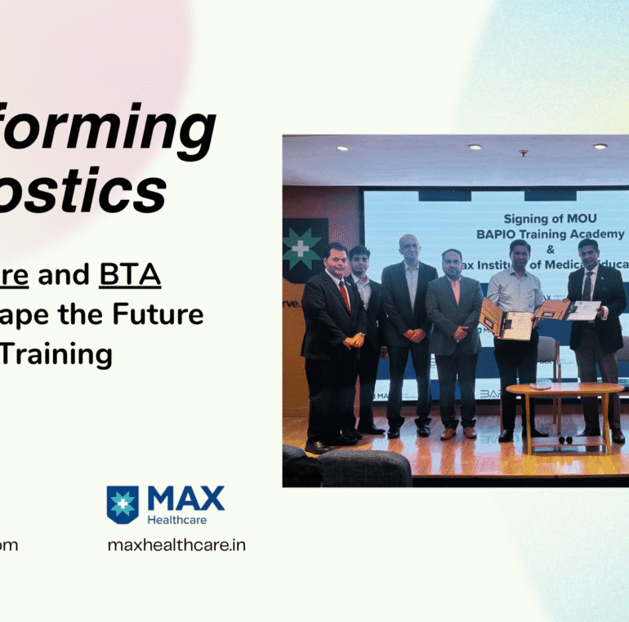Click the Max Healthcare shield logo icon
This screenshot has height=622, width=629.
pos(123,504)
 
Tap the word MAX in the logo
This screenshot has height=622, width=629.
pos(185,499)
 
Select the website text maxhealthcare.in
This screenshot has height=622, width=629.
pos(176,544)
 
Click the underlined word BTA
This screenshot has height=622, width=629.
pos(130,276)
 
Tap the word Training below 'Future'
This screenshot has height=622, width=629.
pos(71,353)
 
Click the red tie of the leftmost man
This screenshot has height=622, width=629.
pos(344,295)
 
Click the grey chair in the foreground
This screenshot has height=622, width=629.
pos(364,469)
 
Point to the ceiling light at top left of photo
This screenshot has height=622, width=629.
pos(342,149)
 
